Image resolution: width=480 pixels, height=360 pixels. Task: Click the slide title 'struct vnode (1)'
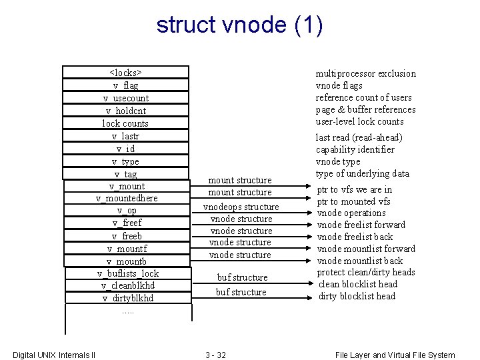240,25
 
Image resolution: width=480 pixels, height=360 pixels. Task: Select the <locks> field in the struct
126,73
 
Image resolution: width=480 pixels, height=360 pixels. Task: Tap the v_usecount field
126,98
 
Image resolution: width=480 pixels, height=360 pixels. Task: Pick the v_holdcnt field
126,111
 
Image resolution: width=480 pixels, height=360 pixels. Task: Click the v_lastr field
126,136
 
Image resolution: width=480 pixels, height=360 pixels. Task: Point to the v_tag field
126,174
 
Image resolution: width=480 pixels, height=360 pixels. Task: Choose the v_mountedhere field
127,198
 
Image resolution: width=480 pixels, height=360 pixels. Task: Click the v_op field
127,211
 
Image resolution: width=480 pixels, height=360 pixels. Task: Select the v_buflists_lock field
128,273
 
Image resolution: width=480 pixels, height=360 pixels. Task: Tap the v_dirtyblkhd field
128,298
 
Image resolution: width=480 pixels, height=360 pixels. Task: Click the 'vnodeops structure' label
241,207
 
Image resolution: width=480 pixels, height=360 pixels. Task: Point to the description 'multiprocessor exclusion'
365,73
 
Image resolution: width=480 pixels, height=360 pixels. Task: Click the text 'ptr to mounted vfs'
353,201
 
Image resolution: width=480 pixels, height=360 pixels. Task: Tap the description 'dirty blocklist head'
357,296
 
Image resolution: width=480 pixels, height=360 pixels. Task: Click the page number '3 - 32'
215,355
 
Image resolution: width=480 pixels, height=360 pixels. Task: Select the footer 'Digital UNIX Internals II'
54,355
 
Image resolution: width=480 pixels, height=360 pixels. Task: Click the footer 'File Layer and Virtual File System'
395,355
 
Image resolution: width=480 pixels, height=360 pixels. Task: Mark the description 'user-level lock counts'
359,121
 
